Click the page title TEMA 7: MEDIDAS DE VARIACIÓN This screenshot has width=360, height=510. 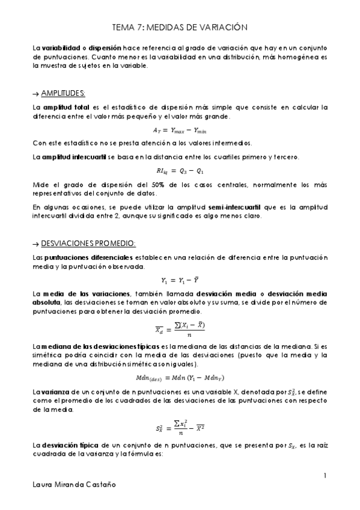point(180,28)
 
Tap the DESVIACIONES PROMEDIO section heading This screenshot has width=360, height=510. point(88,242)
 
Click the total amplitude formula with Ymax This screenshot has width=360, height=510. point(180,129)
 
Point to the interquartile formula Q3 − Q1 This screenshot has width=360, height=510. point(180,170)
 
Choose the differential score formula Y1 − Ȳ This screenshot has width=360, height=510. point(179,280)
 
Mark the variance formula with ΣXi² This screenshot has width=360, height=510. point(180,429)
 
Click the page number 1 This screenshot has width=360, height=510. point(325,476)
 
